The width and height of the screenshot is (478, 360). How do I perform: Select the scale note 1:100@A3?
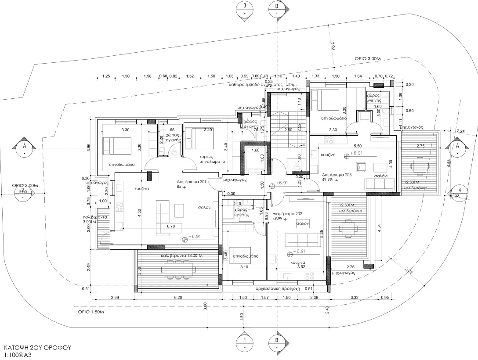tap(18, 354)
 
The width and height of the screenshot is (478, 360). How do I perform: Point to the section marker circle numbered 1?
tap(244, 340)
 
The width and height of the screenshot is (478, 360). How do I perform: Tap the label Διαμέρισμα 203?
tap(337, 174)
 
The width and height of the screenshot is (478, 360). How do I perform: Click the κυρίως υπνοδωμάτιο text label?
tap(212, 158)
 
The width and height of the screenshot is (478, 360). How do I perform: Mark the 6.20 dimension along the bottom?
tap(178, 298)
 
